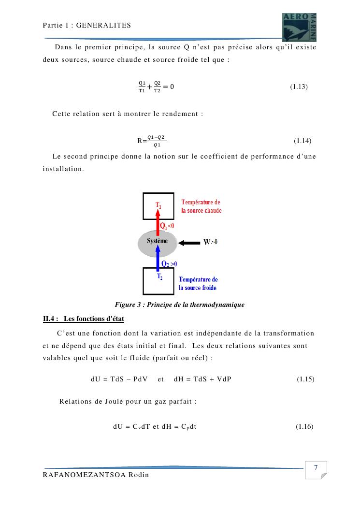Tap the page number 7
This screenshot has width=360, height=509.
pos(316,468)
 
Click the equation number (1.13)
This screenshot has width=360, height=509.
pos(299,87)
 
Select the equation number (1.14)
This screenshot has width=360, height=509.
pos(302,141)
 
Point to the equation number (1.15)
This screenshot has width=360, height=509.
pos(305,378)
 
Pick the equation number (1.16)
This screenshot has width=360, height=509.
pos(304,426)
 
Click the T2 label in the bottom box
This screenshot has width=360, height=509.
pos(159,276)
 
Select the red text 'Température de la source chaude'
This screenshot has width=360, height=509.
pos(202,206)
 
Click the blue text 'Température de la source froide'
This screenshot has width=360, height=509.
pos(198,284)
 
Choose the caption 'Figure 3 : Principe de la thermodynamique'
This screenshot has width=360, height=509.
pos(179,305)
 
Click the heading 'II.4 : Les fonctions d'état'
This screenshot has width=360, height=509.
pos(84,319)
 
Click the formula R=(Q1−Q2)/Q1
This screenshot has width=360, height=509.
pos(151,141)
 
